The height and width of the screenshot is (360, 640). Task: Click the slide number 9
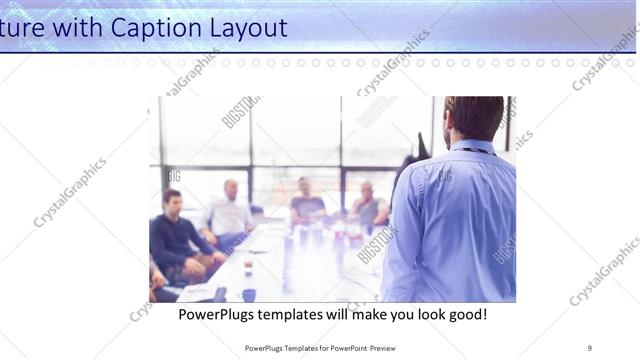point(590,347)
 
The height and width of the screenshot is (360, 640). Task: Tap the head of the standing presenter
point(474,118)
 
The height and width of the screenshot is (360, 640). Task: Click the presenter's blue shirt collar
point(470,148)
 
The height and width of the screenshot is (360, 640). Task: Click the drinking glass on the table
point(248,266)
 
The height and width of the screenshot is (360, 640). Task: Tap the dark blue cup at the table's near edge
point(248,295)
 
